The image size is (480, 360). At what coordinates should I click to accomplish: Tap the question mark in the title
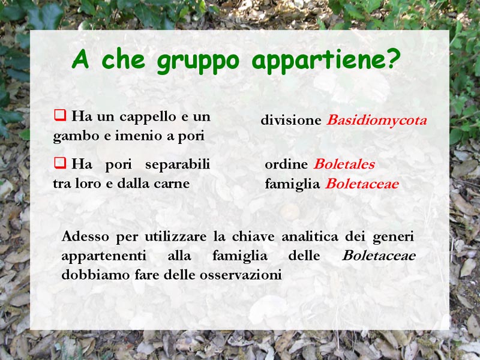click(x=393, y=58)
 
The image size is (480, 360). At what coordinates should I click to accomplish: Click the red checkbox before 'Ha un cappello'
click(x=60, y=115)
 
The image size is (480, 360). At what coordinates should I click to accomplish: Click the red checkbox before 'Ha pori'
click(x=60, y=163)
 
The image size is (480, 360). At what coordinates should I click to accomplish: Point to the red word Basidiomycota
click(x=377, y=121)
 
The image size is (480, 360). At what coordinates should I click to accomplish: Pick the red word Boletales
click(x=344, y=164)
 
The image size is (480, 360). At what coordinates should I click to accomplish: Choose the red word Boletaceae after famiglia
click(x=362, y=184)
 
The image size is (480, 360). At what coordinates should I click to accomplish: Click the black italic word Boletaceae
click(x=379, y=256)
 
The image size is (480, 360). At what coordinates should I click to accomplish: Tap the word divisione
click(x=291, y=121)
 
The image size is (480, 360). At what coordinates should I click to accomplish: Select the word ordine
click(x=286, y=164)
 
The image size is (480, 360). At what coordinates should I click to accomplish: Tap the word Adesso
click(x=85, y=236)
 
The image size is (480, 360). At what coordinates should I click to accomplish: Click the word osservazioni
click(x=241, y=275)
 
